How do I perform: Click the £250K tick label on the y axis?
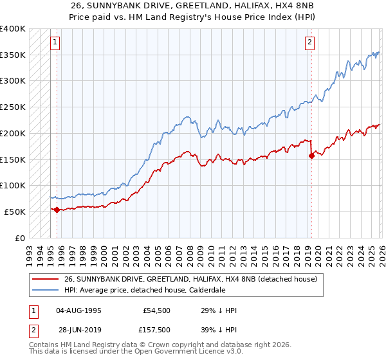[12, 107]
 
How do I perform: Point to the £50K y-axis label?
[14, 212]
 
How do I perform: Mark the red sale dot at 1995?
[57, 210]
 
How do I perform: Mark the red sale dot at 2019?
[311, 155]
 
